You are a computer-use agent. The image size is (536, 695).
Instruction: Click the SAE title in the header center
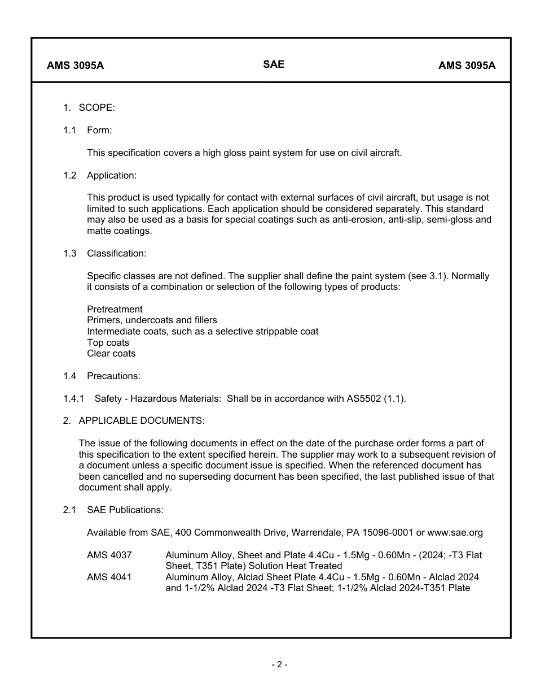(x=274, y=64)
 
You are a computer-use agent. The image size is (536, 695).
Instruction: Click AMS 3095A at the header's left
(x=75, y=65)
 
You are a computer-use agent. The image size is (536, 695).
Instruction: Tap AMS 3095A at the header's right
(x=467, y=65)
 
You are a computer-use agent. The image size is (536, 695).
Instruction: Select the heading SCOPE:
(x=96, y=108)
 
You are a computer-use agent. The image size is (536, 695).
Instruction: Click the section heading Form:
(x=99, y=131)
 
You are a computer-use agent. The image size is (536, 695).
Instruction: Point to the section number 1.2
(x=69, y=175)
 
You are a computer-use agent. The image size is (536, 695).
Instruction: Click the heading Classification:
(x=116, y=254)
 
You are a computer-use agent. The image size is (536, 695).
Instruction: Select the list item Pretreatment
(x=115, y=309)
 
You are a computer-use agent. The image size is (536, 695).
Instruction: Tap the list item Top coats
(x=108, y=343)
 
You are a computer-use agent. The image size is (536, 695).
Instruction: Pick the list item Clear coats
(x=111, y=354)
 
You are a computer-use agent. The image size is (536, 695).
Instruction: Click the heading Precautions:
(x=113, y=376)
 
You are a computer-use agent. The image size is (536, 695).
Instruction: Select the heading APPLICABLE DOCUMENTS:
(x=142, y=421)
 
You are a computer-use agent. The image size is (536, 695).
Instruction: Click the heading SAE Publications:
(x=125, y=510)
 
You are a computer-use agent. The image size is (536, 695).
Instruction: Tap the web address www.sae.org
(x=455, y=533)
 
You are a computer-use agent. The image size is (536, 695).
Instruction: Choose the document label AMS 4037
(x=109, y=555)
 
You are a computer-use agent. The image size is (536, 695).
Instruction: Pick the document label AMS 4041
(x=109, y=577)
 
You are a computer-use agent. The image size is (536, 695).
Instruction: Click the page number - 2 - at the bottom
(x=279, y=665)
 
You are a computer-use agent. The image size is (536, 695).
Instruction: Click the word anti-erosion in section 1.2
(x=349, y=220)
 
